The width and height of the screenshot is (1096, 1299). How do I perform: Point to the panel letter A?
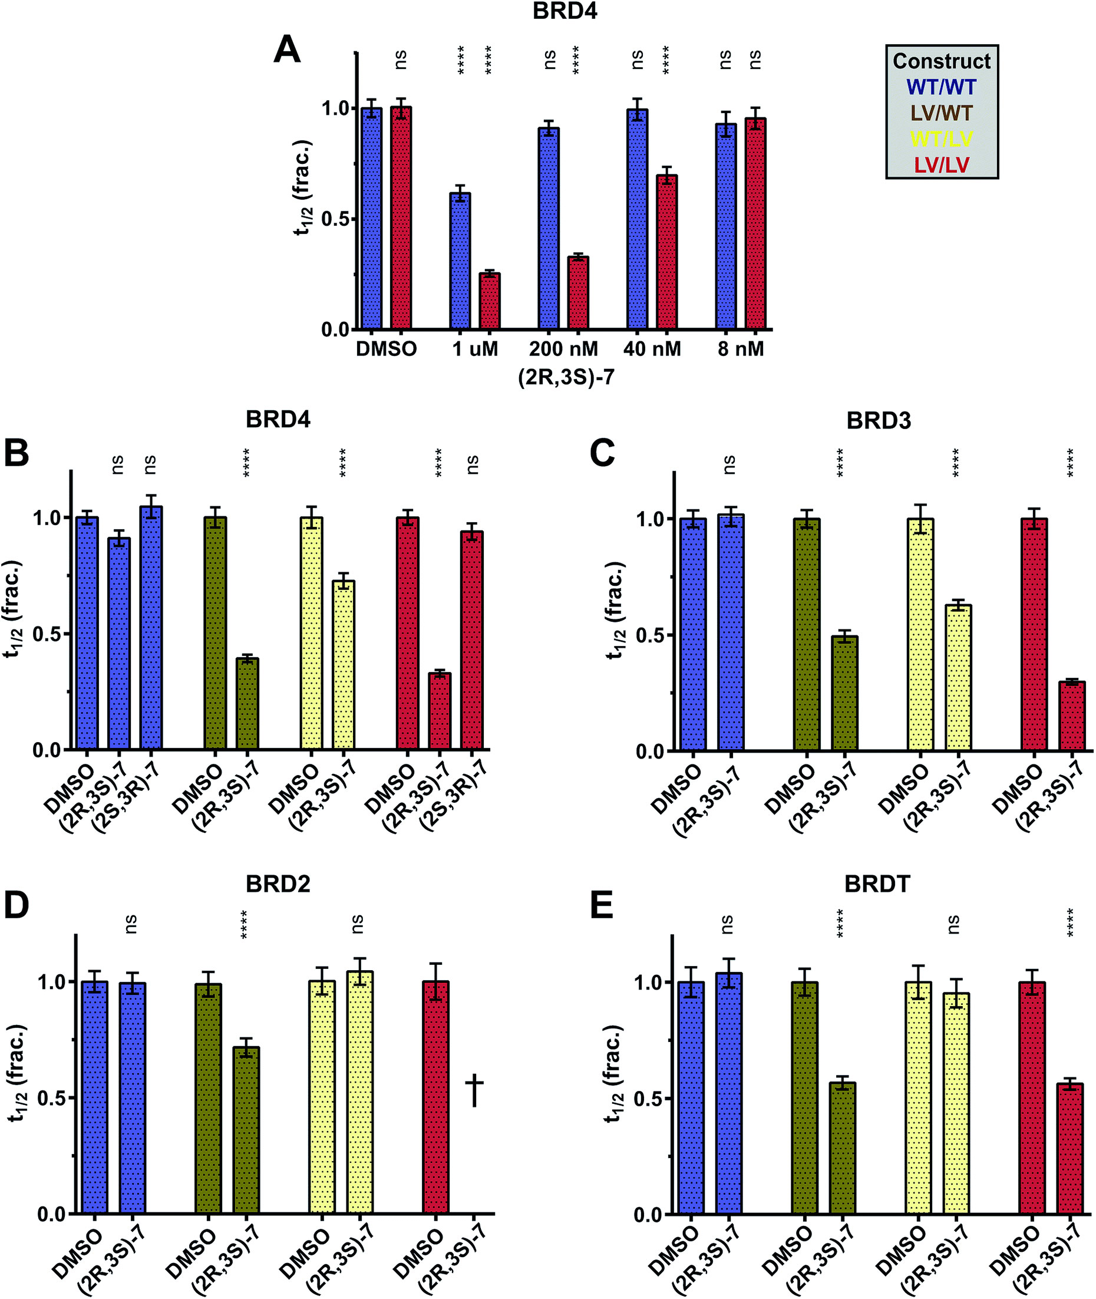coord(287,50)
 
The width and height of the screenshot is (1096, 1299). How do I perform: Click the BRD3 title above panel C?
coord(879,421)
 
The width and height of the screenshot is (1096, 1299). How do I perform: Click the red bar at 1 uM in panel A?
coord(490,301)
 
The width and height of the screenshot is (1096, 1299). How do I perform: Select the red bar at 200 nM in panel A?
coord(579,292)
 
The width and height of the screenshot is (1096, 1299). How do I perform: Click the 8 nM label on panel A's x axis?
coord(741,350)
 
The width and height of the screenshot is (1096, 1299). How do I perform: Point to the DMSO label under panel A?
coord(386,350)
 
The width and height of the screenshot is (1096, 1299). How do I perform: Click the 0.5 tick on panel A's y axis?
coord(334,219)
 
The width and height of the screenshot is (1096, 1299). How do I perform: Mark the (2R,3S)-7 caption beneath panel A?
coord(566,377)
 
